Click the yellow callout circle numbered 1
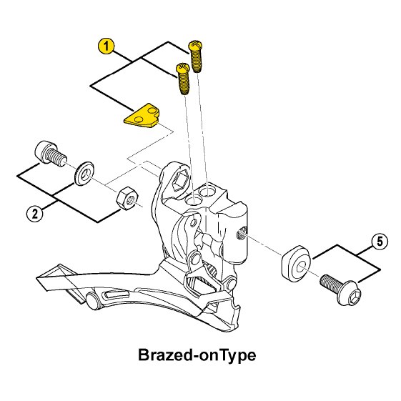(x=106, y=46)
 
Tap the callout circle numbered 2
(x=35, y=213)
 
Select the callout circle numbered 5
(x=380, y=242)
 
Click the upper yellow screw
(x=196, y=56)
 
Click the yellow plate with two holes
(x=142, y=116)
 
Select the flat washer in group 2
(x=84, y=174)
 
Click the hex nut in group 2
(x=127, y=199)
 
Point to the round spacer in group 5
(x=296, y=262)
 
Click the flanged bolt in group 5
(x=341, y=289)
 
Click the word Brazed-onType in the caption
(x=197, y=355)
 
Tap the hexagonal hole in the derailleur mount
(x=181, y=181)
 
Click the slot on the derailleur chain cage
(x=117, y=294)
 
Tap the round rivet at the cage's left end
(x=93, y=299)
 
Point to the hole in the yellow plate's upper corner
(x=152, y=111)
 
